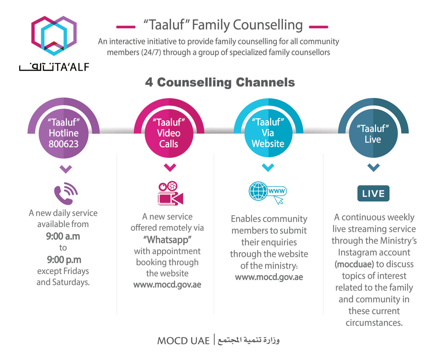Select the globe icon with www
pos(267,192)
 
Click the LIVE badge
pos(373,193)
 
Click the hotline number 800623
pos(64,144)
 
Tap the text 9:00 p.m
pos(63,259)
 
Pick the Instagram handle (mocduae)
pos(354,264)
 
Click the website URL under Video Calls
pos(167,285)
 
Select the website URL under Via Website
pos(269,277)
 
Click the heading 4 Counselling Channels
pos(220,82)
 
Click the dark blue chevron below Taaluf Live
pos(373,167)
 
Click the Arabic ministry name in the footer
pos(249,341)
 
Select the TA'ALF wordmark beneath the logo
pos(54,67)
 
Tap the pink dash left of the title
pos(126,26)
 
